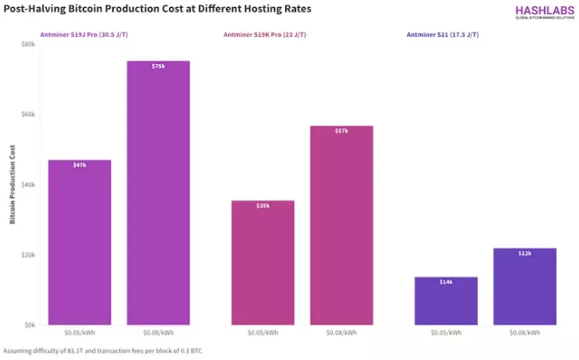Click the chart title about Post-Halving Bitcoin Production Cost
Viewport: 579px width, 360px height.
coord(156,10)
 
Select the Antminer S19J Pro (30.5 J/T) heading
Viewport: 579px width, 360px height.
coord(80,35)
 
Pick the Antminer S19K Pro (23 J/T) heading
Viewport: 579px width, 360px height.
coord(263,35)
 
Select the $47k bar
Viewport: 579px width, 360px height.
coord(79,242)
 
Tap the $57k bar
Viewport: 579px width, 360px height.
coord(341,225)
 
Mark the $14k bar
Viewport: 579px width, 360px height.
coord(446,301)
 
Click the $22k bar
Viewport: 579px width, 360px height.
coord(524,286)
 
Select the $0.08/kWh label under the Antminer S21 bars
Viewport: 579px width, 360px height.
coord(524,334)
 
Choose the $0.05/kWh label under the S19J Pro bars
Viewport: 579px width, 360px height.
coord(79,334)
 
